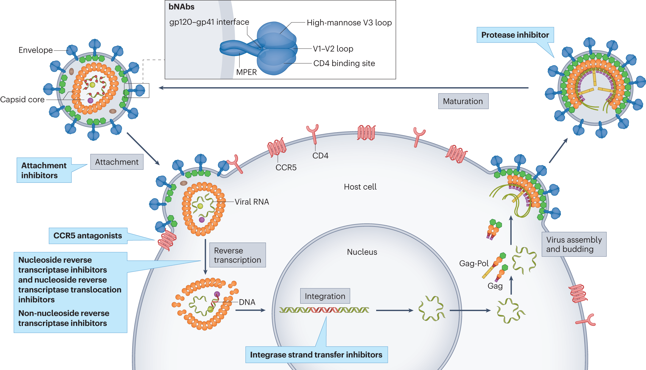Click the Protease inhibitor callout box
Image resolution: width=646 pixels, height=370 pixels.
click(515, 35)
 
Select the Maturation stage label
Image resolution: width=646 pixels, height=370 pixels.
click(463, 101)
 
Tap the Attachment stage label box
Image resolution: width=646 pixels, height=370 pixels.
click(117, 162)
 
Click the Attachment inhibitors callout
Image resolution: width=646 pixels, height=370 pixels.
click(44, 170)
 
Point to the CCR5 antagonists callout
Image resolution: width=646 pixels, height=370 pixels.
click(88, 236)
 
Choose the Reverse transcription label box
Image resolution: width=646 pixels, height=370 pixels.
click(237, 255)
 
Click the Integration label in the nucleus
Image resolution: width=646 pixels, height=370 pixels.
click(325, 296)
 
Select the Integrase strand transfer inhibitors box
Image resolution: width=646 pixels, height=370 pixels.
click(316, 355)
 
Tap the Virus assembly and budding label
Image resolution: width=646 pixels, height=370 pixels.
click(574, 244)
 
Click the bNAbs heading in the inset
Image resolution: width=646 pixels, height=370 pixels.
click(181, 7)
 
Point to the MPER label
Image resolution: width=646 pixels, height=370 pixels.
click(246, 72)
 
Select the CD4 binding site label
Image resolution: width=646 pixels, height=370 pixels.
click(344, 63)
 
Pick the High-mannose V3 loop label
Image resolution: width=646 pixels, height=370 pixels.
click(349, 23)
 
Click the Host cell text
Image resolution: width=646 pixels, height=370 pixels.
click(360, 187)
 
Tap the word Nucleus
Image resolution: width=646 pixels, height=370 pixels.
click(362, 252)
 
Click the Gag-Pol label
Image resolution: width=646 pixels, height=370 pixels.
click(474, 263)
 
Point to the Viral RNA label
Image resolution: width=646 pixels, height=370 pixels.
click(252, 202)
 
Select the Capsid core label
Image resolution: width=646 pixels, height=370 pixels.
click(22, 99)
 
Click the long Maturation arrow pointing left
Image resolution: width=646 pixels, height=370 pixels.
click(343, 88)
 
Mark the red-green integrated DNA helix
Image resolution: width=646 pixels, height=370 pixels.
click(324, 310)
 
